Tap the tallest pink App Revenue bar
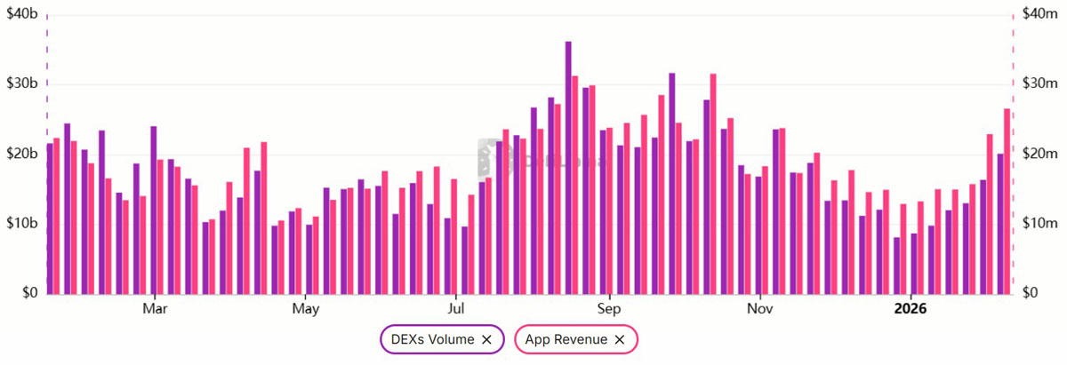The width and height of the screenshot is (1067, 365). [713, 183]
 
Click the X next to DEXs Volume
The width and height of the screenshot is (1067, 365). [486, 339]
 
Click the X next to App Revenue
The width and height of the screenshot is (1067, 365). [620, 339]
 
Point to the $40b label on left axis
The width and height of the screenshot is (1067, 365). [21, 14]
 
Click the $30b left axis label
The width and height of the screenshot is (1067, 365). [21, 84]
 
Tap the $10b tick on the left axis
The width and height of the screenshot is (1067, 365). [21, 223]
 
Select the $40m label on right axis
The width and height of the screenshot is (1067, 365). [1038, 14]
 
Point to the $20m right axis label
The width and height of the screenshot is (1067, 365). [1038, 154]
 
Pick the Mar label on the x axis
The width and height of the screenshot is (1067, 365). [155, 309]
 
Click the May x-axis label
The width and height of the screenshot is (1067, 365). [305, 309]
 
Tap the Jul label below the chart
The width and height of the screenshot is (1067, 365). [455, 309]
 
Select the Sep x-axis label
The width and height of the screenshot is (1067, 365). [609, 309]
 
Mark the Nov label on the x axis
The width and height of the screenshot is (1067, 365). [759, 309]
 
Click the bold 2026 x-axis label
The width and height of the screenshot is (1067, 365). [911, 309]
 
